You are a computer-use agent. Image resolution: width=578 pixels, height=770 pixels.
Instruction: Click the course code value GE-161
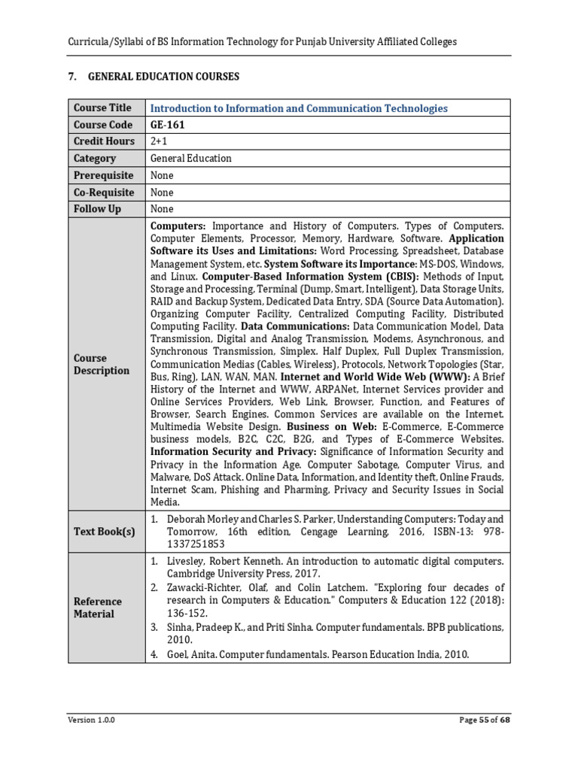[x=167, y=125]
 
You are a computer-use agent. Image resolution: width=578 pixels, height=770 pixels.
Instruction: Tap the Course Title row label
[x=102, y=108]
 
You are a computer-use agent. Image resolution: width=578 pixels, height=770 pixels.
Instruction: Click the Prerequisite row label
[x=103, y=175]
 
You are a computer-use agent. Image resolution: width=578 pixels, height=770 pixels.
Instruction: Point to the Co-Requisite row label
[x=103, y=192]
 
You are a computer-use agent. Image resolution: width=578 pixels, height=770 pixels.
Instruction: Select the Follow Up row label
[x=97, y=209]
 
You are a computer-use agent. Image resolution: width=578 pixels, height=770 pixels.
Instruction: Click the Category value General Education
[x=191, y=159]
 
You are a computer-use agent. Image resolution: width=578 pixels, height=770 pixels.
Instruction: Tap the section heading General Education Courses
[x=163, y=77]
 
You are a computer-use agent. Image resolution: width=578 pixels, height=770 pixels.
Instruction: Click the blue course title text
[x=299, y=109]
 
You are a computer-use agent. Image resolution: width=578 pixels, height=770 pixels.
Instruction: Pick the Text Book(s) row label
[x=105, y=532]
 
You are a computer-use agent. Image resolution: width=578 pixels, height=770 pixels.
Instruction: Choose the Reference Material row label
[x=97, y=608]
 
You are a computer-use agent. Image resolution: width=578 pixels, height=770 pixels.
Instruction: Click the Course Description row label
[x=102, y=364]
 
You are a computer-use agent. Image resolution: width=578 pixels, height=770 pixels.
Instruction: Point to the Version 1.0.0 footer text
[x=91, y=720]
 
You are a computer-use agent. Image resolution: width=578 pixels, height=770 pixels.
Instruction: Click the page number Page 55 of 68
[x=485, y=720]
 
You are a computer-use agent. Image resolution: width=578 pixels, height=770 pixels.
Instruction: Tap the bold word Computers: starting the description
[x=178, y=226]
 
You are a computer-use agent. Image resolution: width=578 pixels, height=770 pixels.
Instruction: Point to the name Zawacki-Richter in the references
[x=207, y=587]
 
